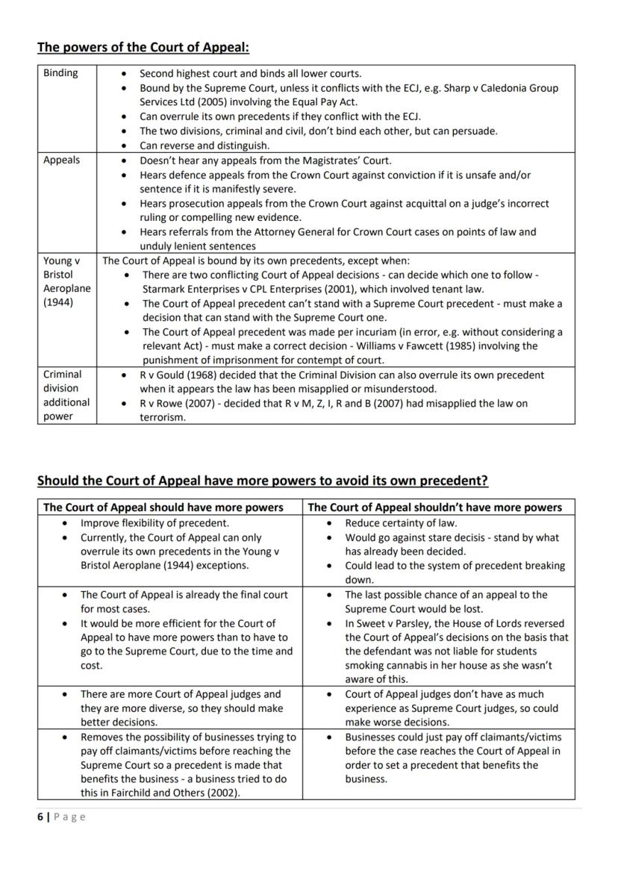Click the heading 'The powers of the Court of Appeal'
(143, 47)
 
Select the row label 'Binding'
(60, 73)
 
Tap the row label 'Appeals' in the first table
(61, 160)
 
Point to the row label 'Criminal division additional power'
(66, 396)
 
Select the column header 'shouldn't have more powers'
(435, 508)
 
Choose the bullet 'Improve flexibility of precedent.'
(154, 523)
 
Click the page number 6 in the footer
(40, 817)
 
